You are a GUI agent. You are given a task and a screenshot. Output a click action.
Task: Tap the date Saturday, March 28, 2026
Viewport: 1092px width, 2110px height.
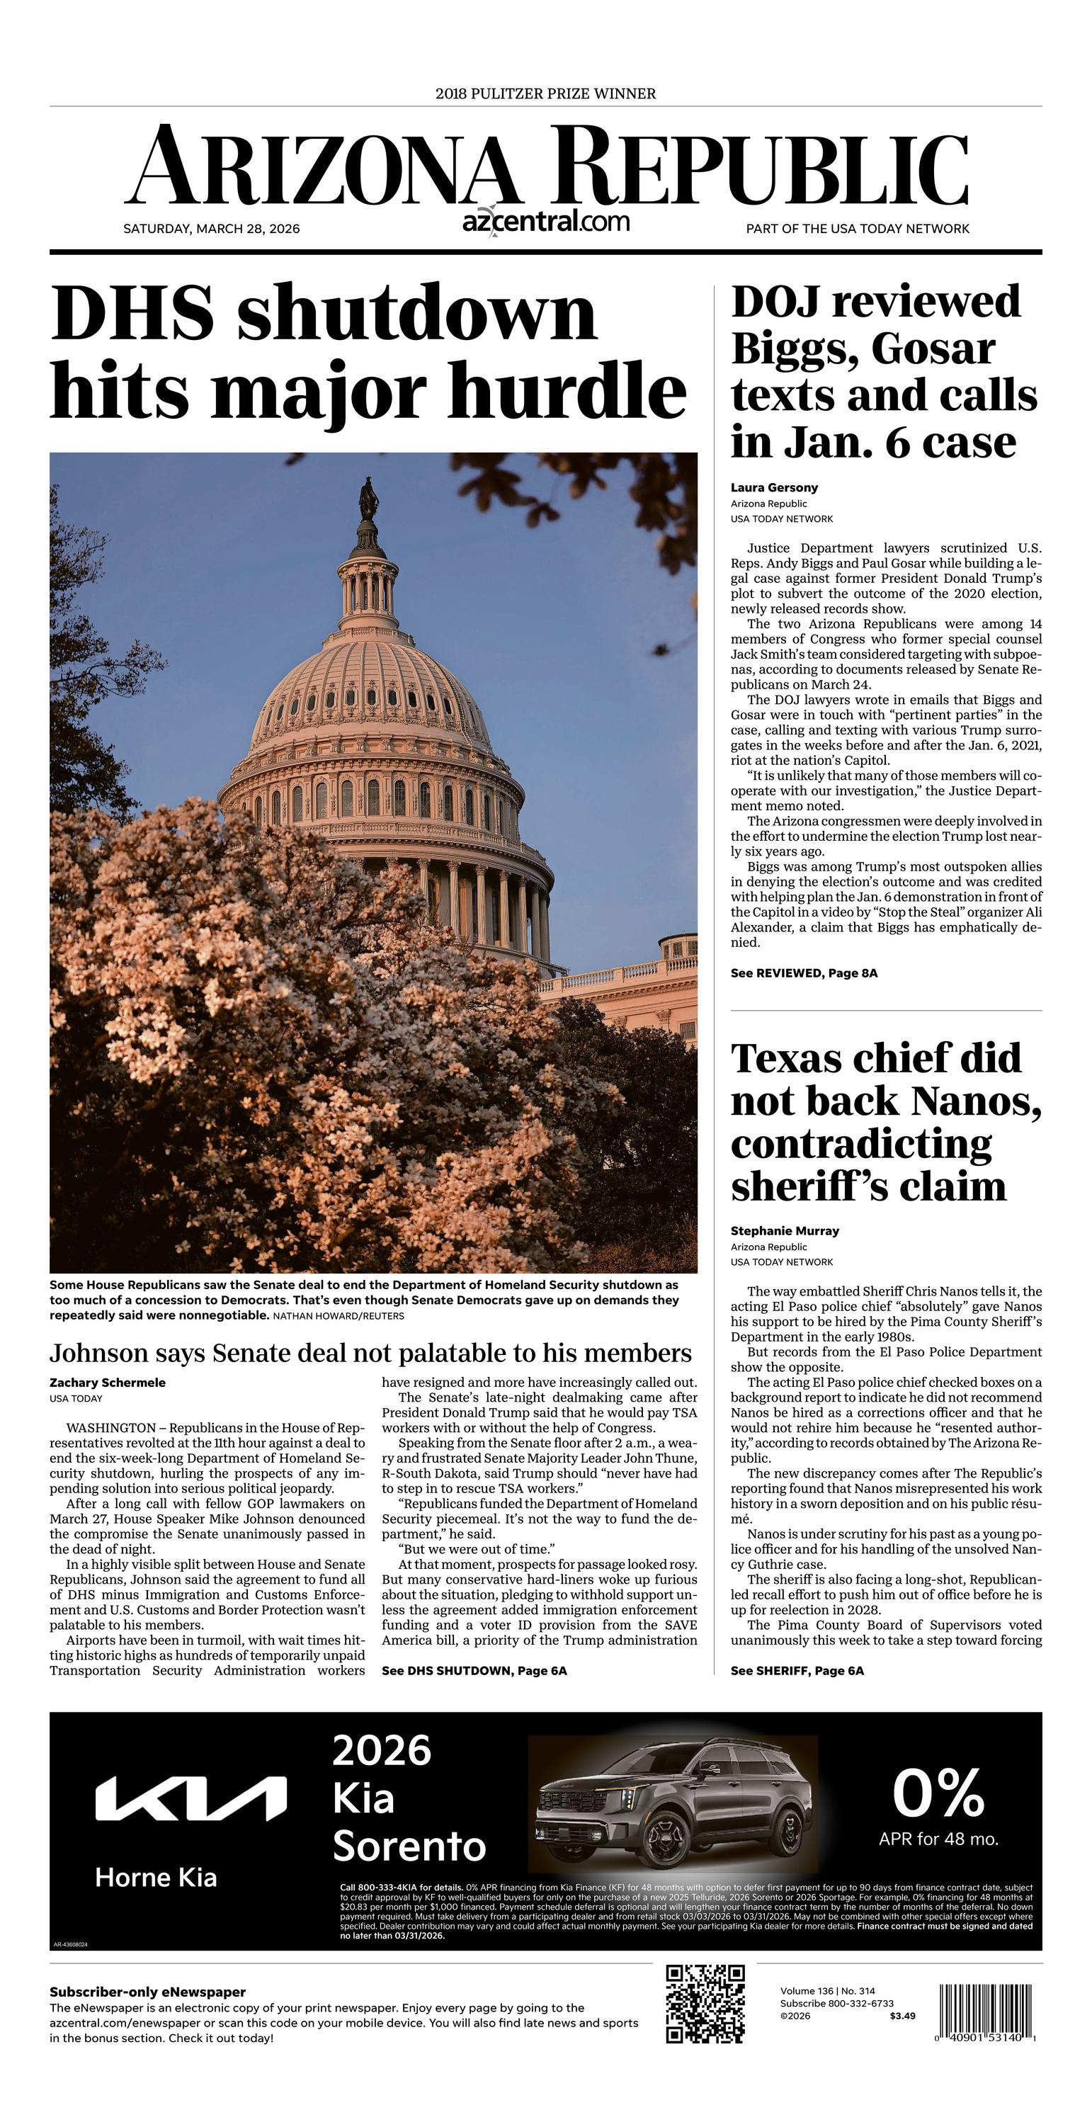point(211,229)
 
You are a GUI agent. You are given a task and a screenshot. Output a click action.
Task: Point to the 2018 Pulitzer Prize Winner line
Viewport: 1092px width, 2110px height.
point(545,93)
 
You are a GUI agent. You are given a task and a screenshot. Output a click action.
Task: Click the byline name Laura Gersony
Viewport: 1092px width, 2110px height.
point(774,487)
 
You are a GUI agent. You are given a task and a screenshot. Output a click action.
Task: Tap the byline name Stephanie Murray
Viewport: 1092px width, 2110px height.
point(785,1230)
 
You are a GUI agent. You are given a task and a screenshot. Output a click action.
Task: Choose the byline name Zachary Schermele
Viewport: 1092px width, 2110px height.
point(108,1383)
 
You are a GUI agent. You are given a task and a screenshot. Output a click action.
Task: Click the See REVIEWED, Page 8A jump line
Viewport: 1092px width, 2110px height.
point(804,973)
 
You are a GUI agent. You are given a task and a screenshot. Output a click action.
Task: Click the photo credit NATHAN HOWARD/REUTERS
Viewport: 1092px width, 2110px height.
point(339,1315)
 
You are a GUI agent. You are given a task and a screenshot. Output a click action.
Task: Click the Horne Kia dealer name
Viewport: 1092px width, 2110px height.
point(156,1878)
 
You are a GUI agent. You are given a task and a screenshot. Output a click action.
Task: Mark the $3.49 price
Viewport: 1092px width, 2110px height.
point(902,2016)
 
